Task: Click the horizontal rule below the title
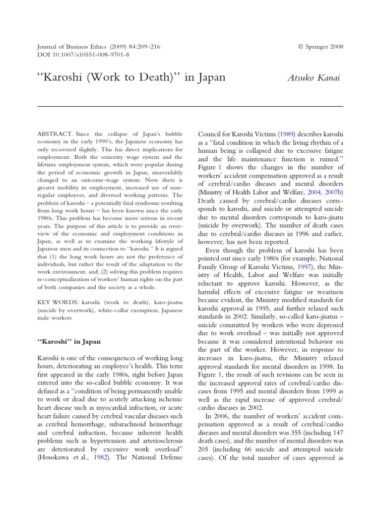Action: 190,106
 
